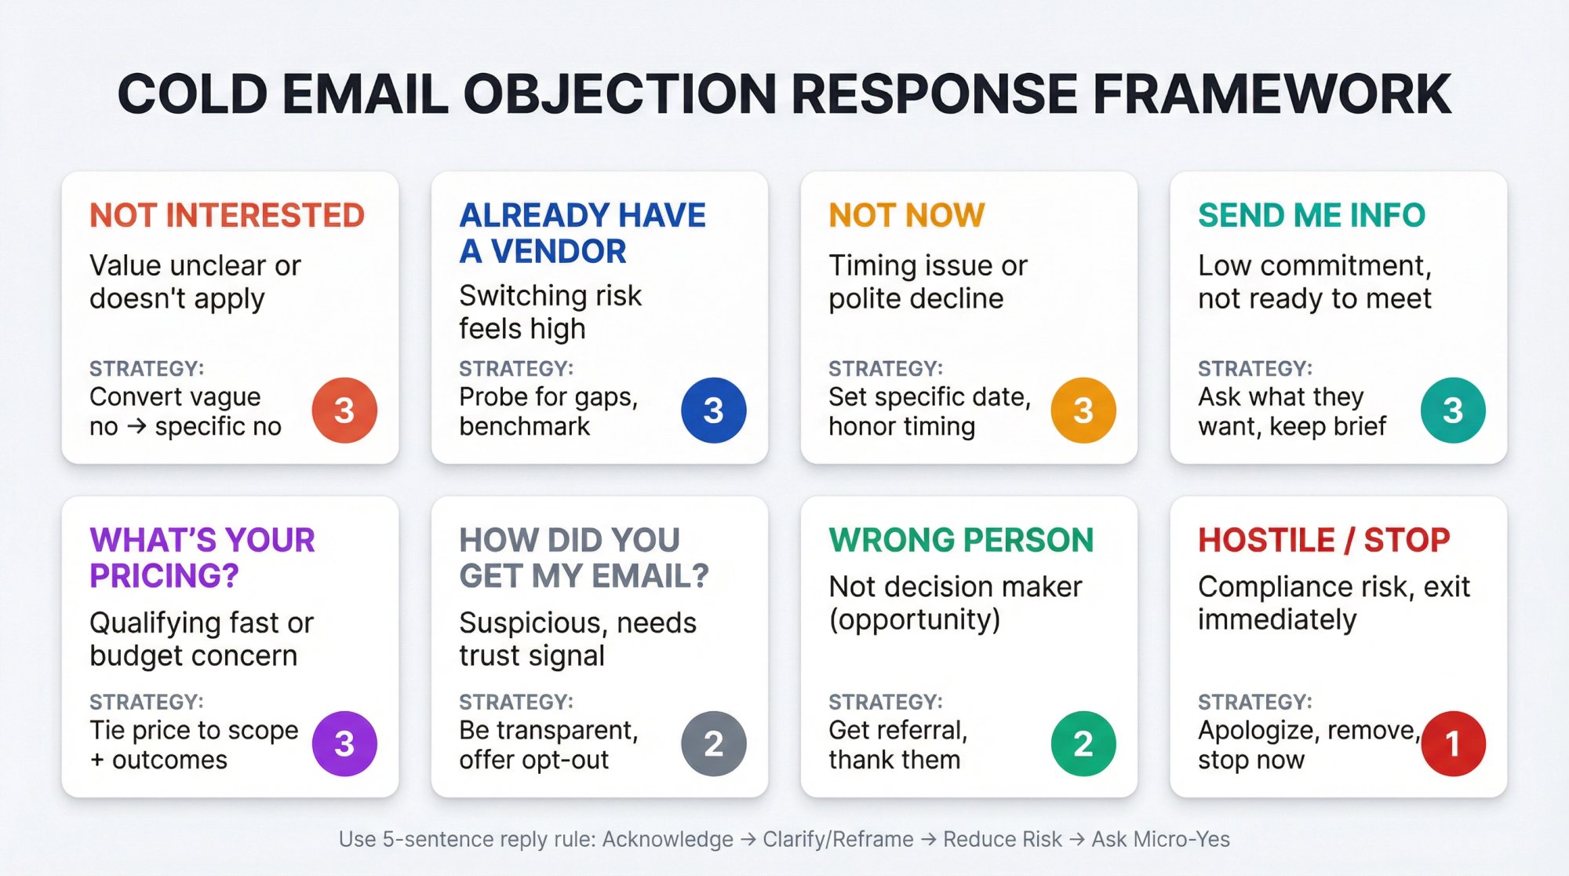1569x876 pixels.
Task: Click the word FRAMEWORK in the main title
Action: click(x=1271, y=94)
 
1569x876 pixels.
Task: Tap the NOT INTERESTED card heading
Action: click(x=227, y=215)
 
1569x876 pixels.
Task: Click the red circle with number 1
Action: click(x=1452, y=743)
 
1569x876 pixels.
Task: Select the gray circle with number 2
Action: click(x=713, y=743)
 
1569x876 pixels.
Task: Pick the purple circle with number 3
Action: click(x=344, y=743)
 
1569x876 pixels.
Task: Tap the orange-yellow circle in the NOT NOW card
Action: click(x=1083, y=410)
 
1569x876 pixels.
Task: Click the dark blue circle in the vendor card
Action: click(x=713, y=410)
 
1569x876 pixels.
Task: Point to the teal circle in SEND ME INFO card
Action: click(x=1452, y=410)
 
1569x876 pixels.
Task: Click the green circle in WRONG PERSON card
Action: click(x=1083, y=743)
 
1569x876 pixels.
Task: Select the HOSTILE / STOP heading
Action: click(x=1323, y=540)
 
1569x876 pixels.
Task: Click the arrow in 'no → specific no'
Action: click(x=137, y=427)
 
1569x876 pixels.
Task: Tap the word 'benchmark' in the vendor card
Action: click(x=524, y=426)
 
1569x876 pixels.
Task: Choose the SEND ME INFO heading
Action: click(x=1311, y=215)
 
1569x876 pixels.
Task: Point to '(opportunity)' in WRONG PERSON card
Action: click(x=914, y=620)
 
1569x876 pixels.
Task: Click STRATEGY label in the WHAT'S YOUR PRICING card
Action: click(x=146, y=702)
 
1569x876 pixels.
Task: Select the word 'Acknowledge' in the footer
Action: click(x=668, y=839)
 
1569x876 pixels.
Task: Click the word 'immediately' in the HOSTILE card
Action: click(x=1276, y=620)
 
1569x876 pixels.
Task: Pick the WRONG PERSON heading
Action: click(x=961, y=540)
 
